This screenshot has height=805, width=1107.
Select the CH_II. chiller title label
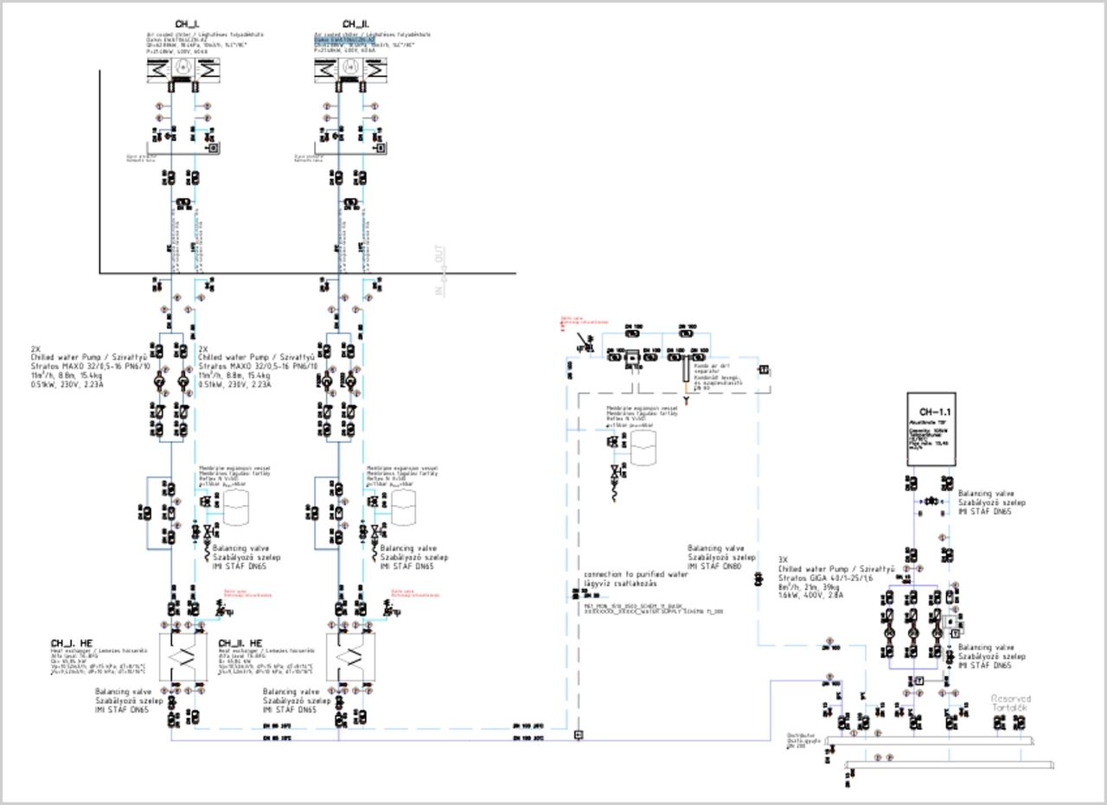355,24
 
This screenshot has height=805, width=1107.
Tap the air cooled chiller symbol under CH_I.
182,68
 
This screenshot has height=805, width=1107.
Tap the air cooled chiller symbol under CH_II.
350,68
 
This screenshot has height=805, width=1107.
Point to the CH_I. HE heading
71,643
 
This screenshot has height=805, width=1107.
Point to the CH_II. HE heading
240,643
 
